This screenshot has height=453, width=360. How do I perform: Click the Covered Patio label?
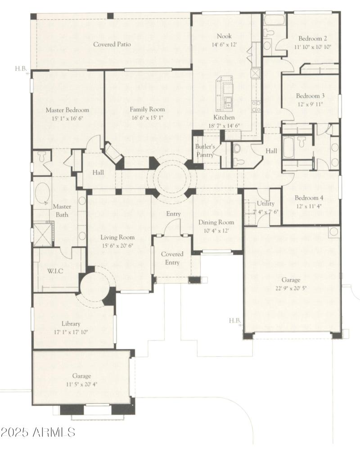pyautogui.click(x=112, y=45)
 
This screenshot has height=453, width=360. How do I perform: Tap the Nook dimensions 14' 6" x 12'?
pyautogui.click(x=224, y=45)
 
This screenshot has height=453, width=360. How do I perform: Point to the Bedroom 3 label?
pyautogui.click(x=310, y=96)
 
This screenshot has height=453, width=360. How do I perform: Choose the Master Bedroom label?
pyautogui.click(x=67, y=110)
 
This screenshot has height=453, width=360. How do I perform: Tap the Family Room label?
pyautogui.click(x=147, y=109)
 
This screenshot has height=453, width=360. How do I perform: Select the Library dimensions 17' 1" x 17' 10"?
pyautogui.click(x=71, y=332)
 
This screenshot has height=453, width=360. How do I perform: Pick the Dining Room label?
pyautogui.click(x=216, y=222)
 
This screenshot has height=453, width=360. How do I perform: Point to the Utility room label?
pyautogui.click(x=265, y=204)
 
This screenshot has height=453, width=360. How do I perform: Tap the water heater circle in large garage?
pyautogui.click(x=333, y=232)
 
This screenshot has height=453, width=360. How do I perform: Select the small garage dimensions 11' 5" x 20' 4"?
pyautogui.click(x=81, y=384)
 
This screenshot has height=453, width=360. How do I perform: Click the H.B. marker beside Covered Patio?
pyautogui.click(x=21, y=69)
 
